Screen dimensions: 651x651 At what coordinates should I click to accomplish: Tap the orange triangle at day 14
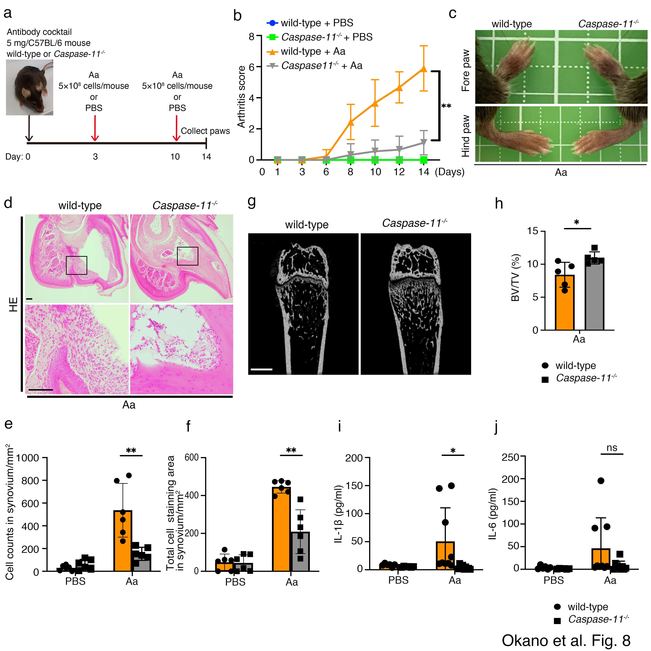point(424,69)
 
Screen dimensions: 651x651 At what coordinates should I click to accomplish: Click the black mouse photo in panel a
point(30,88)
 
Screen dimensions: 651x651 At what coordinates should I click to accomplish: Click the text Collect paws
point(205,131)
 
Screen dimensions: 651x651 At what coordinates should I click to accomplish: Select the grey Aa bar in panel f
point(300,552)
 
